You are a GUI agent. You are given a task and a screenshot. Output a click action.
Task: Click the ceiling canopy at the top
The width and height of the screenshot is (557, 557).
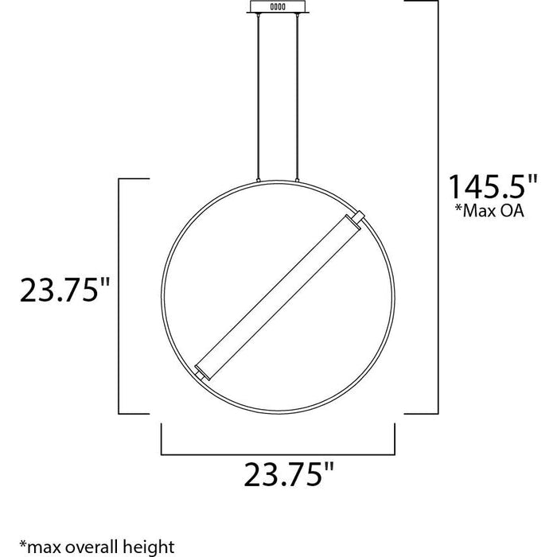click(278, 6)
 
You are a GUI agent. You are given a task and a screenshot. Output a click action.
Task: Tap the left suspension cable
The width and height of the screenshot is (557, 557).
click(259, 95)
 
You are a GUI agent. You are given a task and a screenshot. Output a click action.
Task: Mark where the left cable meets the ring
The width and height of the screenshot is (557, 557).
click(259, 181)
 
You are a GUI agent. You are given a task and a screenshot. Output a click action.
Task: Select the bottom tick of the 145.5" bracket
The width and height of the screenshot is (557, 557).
click(422, 413)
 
